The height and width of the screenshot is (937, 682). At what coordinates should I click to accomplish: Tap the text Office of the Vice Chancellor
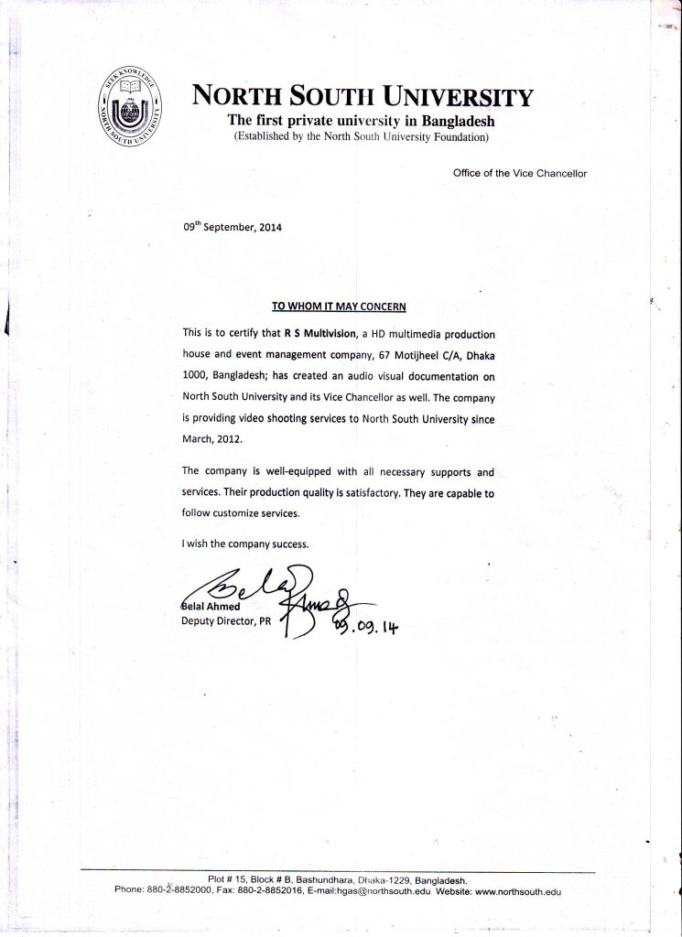click(519, 172)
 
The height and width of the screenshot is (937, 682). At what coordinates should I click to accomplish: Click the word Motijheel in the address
click(422, 354)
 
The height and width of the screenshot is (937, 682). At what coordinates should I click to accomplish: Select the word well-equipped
click(285, 472)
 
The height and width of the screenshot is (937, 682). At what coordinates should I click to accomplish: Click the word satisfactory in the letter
click(363, 492)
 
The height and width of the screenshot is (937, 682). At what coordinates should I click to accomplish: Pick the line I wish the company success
click(245, 544)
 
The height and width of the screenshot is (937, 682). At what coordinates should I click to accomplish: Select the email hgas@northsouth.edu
click(384, 890)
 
